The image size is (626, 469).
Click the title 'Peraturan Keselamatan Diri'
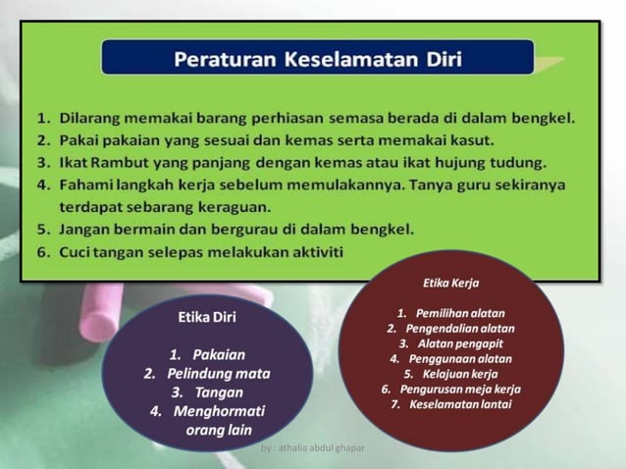coord(318,58)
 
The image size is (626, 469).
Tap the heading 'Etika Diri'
coord(206,317)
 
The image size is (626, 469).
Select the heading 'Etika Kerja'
coord(450,283)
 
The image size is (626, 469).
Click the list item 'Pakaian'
coord(219,354)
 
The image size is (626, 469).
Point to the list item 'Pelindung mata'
coord(218,374)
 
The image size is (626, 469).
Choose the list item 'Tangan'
coord(219,392)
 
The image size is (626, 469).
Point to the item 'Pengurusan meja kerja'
coord(459,389)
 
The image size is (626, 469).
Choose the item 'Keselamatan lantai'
coord(459,404)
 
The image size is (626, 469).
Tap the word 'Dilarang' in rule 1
coord(88,119)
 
